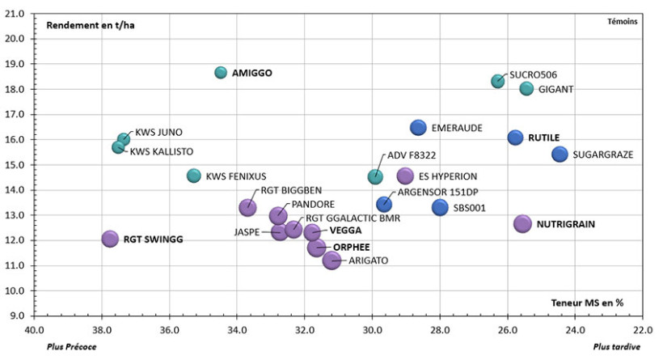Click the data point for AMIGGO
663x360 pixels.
point(221,73)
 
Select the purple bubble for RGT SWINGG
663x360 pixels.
point(110,239)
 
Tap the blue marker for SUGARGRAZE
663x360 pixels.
point(560,155)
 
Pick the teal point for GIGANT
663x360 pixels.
point(526,89)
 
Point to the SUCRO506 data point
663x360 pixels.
point(498,81)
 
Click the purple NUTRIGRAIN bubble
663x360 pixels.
point(523,224)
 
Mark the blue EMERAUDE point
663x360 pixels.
point(418,128)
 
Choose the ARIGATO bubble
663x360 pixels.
point(331,260)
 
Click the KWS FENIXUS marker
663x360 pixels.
point(194,176)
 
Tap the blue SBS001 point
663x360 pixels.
point(440,208)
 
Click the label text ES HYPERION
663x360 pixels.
point(449,176)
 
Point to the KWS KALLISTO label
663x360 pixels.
point(162,151)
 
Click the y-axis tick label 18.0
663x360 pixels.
point(16,64)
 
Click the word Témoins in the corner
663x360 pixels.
point(623,22)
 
